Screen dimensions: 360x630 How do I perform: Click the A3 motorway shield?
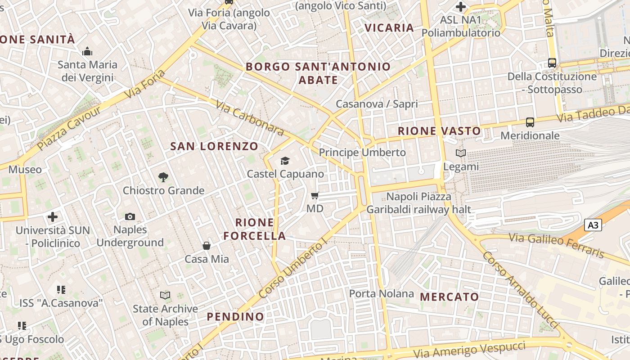(593, 225)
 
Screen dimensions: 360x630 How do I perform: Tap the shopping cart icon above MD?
(315, 195)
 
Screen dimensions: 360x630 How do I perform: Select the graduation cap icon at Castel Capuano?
(285, 161)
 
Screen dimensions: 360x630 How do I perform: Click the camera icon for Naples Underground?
(130, 216)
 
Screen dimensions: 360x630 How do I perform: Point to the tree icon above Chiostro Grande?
(163, 177)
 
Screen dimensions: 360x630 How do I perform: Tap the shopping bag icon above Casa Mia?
(207, 246)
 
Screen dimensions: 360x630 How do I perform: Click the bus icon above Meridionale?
(530, 122)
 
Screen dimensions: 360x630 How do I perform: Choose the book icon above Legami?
(461, 153)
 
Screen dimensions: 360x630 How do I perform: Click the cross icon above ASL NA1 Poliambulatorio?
(461, 7)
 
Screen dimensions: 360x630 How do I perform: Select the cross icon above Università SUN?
(53, 217)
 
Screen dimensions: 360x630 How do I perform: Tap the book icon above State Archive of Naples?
(165, 296)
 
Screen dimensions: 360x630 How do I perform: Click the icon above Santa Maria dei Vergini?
(87, 51)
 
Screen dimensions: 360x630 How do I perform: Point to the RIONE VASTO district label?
(439, 131)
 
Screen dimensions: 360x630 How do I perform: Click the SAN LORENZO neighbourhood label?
(214, 146)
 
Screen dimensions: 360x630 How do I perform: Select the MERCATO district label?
(450, 297)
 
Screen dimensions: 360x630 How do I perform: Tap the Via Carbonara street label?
(249, 118)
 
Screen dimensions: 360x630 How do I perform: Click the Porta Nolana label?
(382, 294)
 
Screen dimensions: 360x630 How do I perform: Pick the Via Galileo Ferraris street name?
(556, 246)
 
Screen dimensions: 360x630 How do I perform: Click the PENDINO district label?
(235, 317)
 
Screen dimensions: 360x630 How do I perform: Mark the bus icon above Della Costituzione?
(552, 63)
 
